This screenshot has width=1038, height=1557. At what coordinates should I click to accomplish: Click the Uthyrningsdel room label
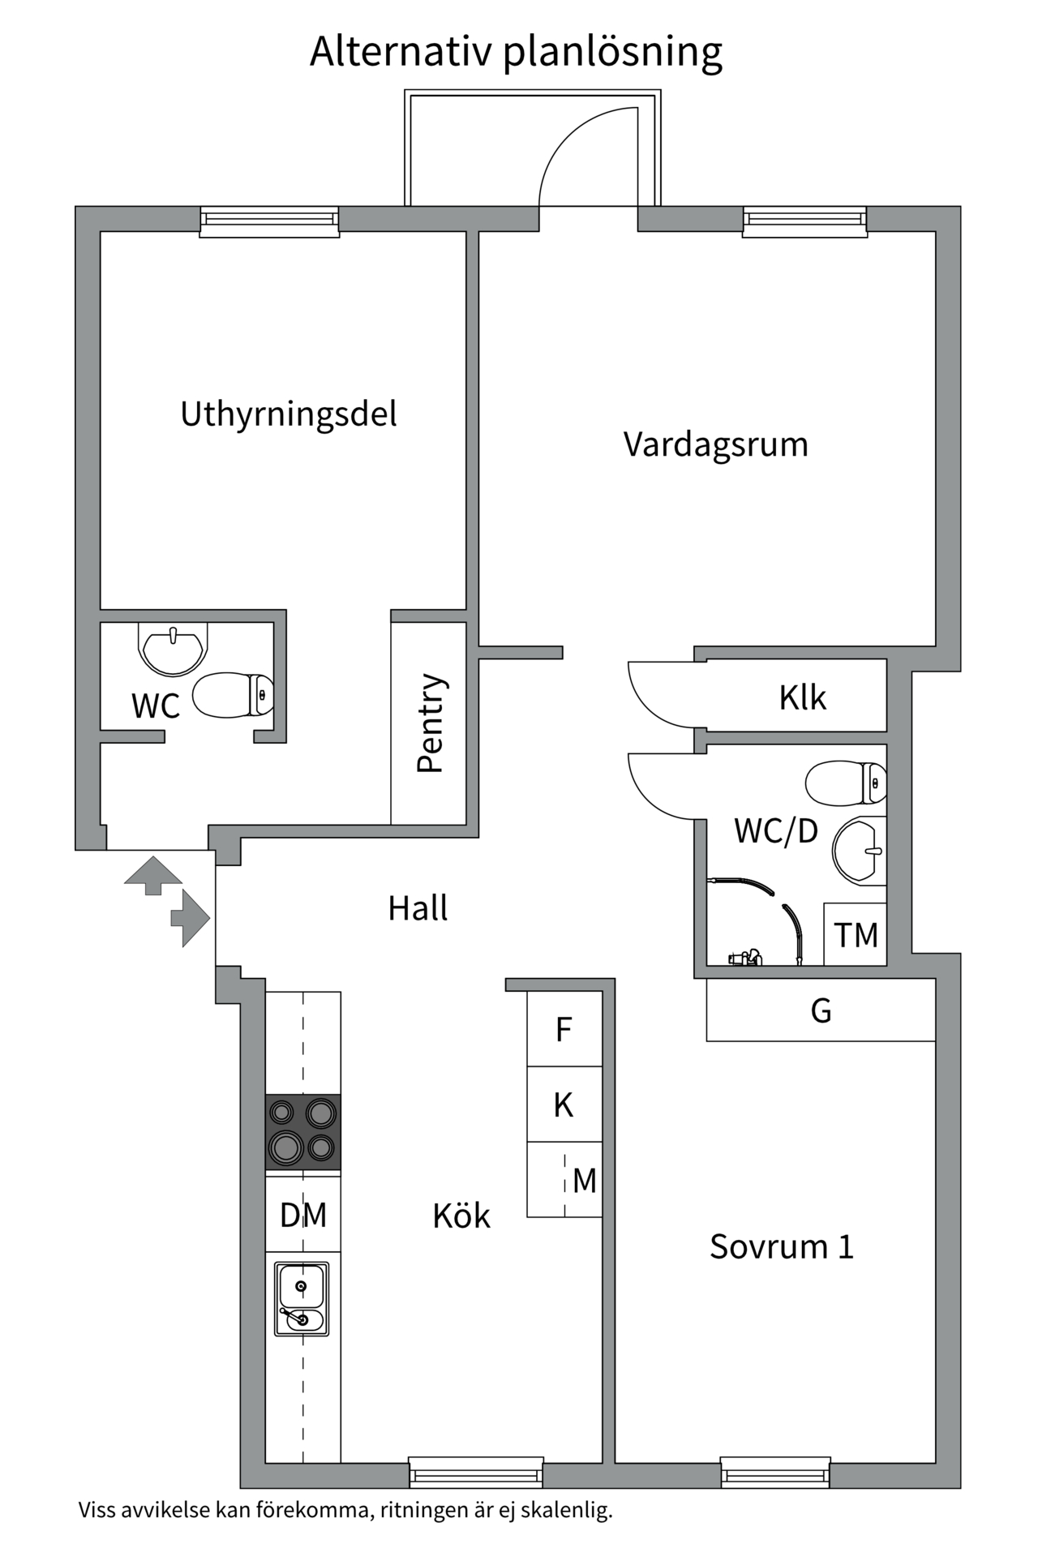[x=289, y=414]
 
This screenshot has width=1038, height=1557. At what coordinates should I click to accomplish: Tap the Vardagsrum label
[x=715, y=444]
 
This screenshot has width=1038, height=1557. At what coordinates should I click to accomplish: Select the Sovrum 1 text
[x=782, y=1246]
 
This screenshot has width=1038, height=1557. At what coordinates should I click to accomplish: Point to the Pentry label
[x=430, y=723]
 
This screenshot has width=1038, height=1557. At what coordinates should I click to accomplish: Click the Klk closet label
[x=802, y=697]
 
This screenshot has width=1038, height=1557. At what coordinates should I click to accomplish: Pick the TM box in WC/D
[x=856, y=935]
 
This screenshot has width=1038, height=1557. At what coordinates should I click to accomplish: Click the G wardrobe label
[x=821, y=1011]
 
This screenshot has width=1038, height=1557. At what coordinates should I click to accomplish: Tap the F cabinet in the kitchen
[x=564, y=1030]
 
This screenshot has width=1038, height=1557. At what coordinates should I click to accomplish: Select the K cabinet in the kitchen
[x=564, y=1105]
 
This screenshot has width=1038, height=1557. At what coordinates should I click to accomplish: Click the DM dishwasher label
[x=302, y=1215]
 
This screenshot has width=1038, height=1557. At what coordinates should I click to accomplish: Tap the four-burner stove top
[x=302, y=1132]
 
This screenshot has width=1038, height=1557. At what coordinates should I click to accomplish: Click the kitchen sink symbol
[x=302, y=1298]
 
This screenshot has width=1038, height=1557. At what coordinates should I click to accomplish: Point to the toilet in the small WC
[x=234, y=695]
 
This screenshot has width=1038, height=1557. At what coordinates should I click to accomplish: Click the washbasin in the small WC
[x=172, y=647]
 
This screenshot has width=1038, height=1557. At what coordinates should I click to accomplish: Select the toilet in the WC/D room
[x=846, y=783]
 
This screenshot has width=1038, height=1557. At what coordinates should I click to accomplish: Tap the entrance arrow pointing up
[x=152, y=874]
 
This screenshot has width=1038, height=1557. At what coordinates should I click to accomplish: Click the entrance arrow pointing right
[x=191, y=919]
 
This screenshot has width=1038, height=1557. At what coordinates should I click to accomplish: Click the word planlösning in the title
[x=612, y=51]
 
